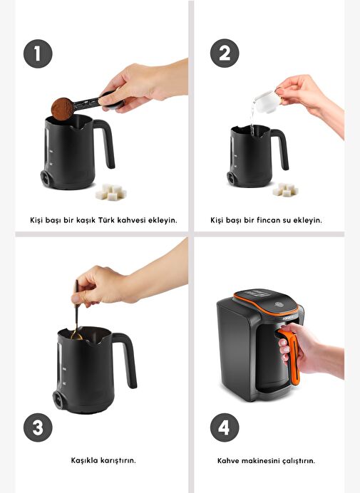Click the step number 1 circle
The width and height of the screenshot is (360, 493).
pos(38,53)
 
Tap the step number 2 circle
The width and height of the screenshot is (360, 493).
pos(225,53)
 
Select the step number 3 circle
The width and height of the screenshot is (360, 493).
pos(38,427)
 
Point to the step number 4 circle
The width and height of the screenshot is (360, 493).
pos(225,427)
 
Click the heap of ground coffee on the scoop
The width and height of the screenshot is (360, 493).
pos(62,109)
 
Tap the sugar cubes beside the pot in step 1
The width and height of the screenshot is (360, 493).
pos(111,192)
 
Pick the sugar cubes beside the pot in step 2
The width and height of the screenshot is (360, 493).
pos(285,190)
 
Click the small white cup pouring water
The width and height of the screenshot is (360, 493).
pos(267,101)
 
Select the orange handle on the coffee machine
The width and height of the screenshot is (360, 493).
pos(290,356)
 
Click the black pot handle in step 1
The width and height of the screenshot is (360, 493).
pos(106,142)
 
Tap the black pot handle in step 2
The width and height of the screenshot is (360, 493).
pos(282,147)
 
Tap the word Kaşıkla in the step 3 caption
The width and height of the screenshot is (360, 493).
pos(84,460)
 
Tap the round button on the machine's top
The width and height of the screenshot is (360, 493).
pos(279,304)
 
